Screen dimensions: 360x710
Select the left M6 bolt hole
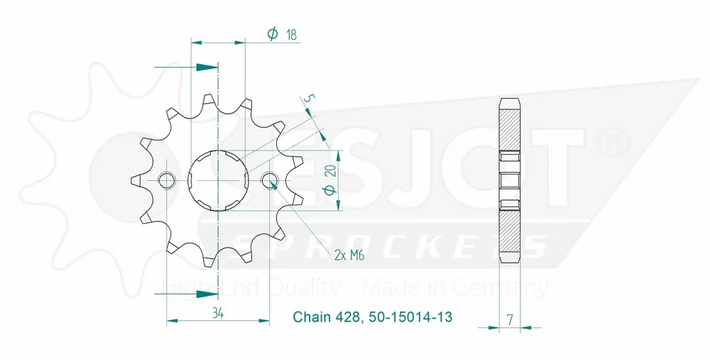point(166,180)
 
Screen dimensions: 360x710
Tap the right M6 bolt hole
point(271,180)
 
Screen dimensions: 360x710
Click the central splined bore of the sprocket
point(218,180)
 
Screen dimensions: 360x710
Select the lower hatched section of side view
point(510,231)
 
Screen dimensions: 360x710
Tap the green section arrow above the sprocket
point(206,67)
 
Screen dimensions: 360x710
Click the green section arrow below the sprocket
point(206,293)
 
